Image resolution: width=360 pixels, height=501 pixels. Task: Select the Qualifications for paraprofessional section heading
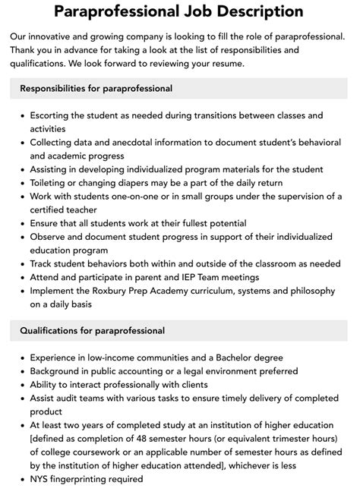click(93, 331)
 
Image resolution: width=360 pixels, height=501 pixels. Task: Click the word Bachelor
click(223, 358)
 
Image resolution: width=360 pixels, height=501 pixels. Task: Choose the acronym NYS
click(41, 480)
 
